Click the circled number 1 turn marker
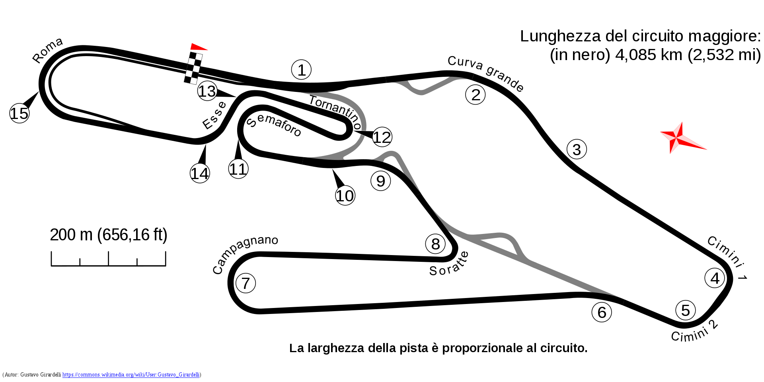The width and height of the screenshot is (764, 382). [301, 70]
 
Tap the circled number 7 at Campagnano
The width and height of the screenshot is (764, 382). [246, 283]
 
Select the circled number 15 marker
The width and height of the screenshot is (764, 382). [19, 113]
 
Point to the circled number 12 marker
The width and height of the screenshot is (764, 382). [382, 137]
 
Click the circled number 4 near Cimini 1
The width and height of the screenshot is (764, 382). [715, 278]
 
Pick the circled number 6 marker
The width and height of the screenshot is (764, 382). [602, 312]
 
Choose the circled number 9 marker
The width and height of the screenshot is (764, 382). [381, 181]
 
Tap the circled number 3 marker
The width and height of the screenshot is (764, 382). [577, 150]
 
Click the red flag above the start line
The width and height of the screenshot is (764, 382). [198, 47]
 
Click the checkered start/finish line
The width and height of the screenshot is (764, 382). [193, 68]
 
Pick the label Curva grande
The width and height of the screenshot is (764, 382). [485, 74]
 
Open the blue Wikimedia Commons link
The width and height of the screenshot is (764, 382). [131, 374]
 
